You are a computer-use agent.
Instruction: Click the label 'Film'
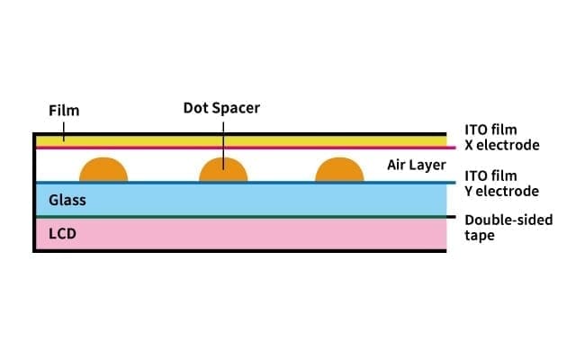pos(64,111)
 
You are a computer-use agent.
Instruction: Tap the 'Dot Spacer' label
pos(221,107)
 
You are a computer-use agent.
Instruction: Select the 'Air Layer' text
pos(416,166)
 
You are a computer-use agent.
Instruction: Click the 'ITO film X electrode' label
pos(501,138)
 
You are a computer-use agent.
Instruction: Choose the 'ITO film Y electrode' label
pos(501,184)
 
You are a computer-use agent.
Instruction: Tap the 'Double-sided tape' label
pos(508,227)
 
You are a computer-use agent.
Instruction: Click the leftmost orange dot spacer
pos(105,170)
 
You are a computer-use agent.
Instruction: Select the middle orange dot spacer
pos(223,170)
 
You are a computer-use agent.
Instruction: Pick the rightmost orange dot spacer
pos(340,170)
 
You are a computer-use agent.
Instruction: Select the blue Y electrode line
pos(270,183)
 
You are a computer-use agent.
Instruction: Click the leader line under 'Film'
pos(64,129)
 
